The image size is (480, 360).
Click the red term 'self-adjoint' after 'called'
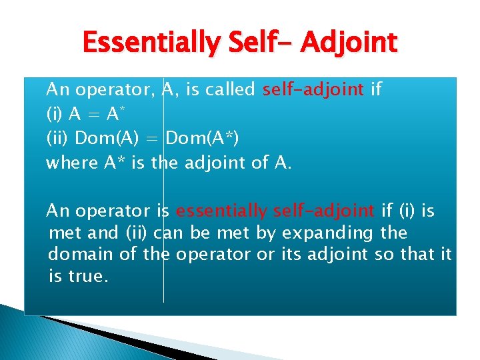point(313,89)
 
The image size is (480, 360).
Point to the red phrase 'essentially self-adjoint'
point(275,211)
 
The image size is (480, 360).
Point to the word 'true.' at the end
point(88,276)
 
